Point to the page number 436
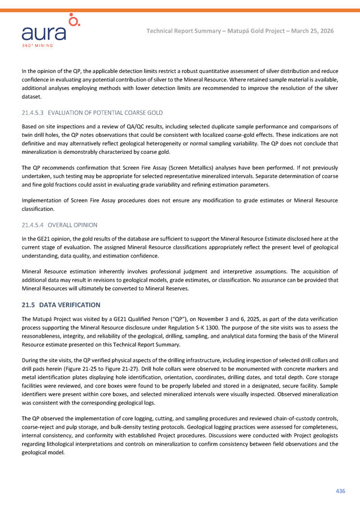[340, 490]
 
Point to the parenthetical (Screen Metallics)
[185, 167]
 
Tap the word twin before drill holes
[28, 135]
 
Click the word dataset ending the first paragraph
[32, 97]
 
